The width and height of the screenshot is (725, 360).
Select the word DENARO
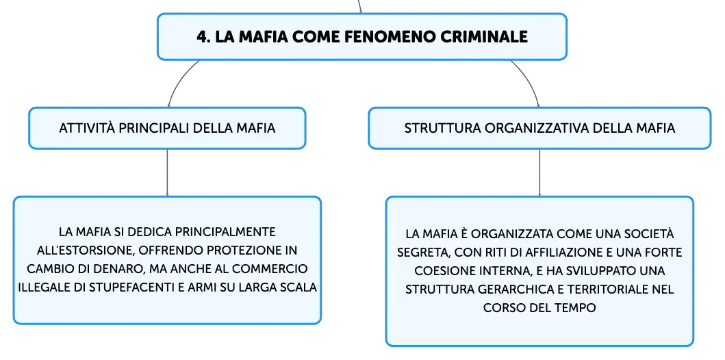123,269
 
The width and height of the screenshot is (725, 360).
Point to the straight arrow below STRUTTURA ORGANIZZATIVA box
539,173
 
